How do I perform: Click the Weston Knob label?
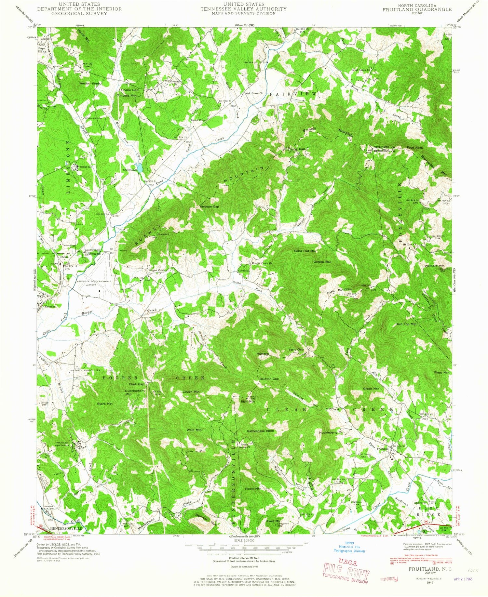click(89, 84)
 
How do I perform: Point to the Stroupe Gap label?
click(209, 206)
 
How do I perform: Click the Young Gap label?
click(296, 149)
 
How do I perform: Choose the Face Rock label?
click(415, 148)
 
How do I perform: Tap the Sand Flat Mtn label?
click(305, 251)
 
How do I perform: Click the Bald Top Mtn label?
click(406, 324)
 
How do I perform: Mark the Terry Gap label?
click(296, 350)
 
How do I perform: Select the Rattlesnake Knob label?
click(260, 431)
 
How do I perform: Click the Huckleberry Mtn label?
click(332, 432)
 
